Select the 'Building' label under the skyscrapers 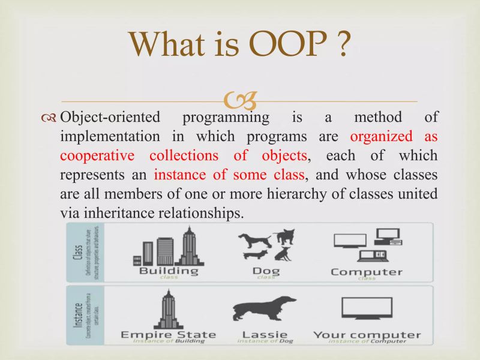pos(169,271)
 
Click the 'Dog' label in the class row pos(266,271)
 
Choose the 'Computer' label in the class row pos(367,271)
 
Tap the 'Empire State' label pos(169,334)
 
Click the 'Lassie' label pos(265,334)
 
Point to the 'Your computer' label pos(367,334)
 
